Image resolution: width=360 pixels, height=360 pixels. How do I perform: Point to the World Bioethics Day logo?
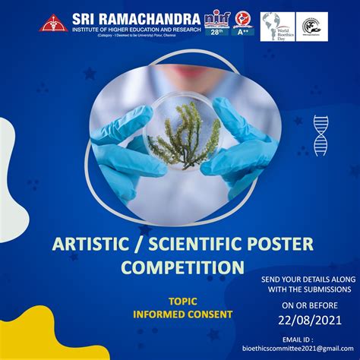pos(276,26)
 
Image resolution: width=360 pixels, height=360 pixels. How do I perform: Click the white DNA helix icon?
pos(321,135)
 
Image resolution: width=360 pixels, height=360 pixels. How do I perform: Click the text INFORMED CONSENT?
pos(182,314)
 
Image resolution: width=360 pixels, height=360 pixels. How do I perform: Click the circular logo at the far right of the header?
pos(311,26)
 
